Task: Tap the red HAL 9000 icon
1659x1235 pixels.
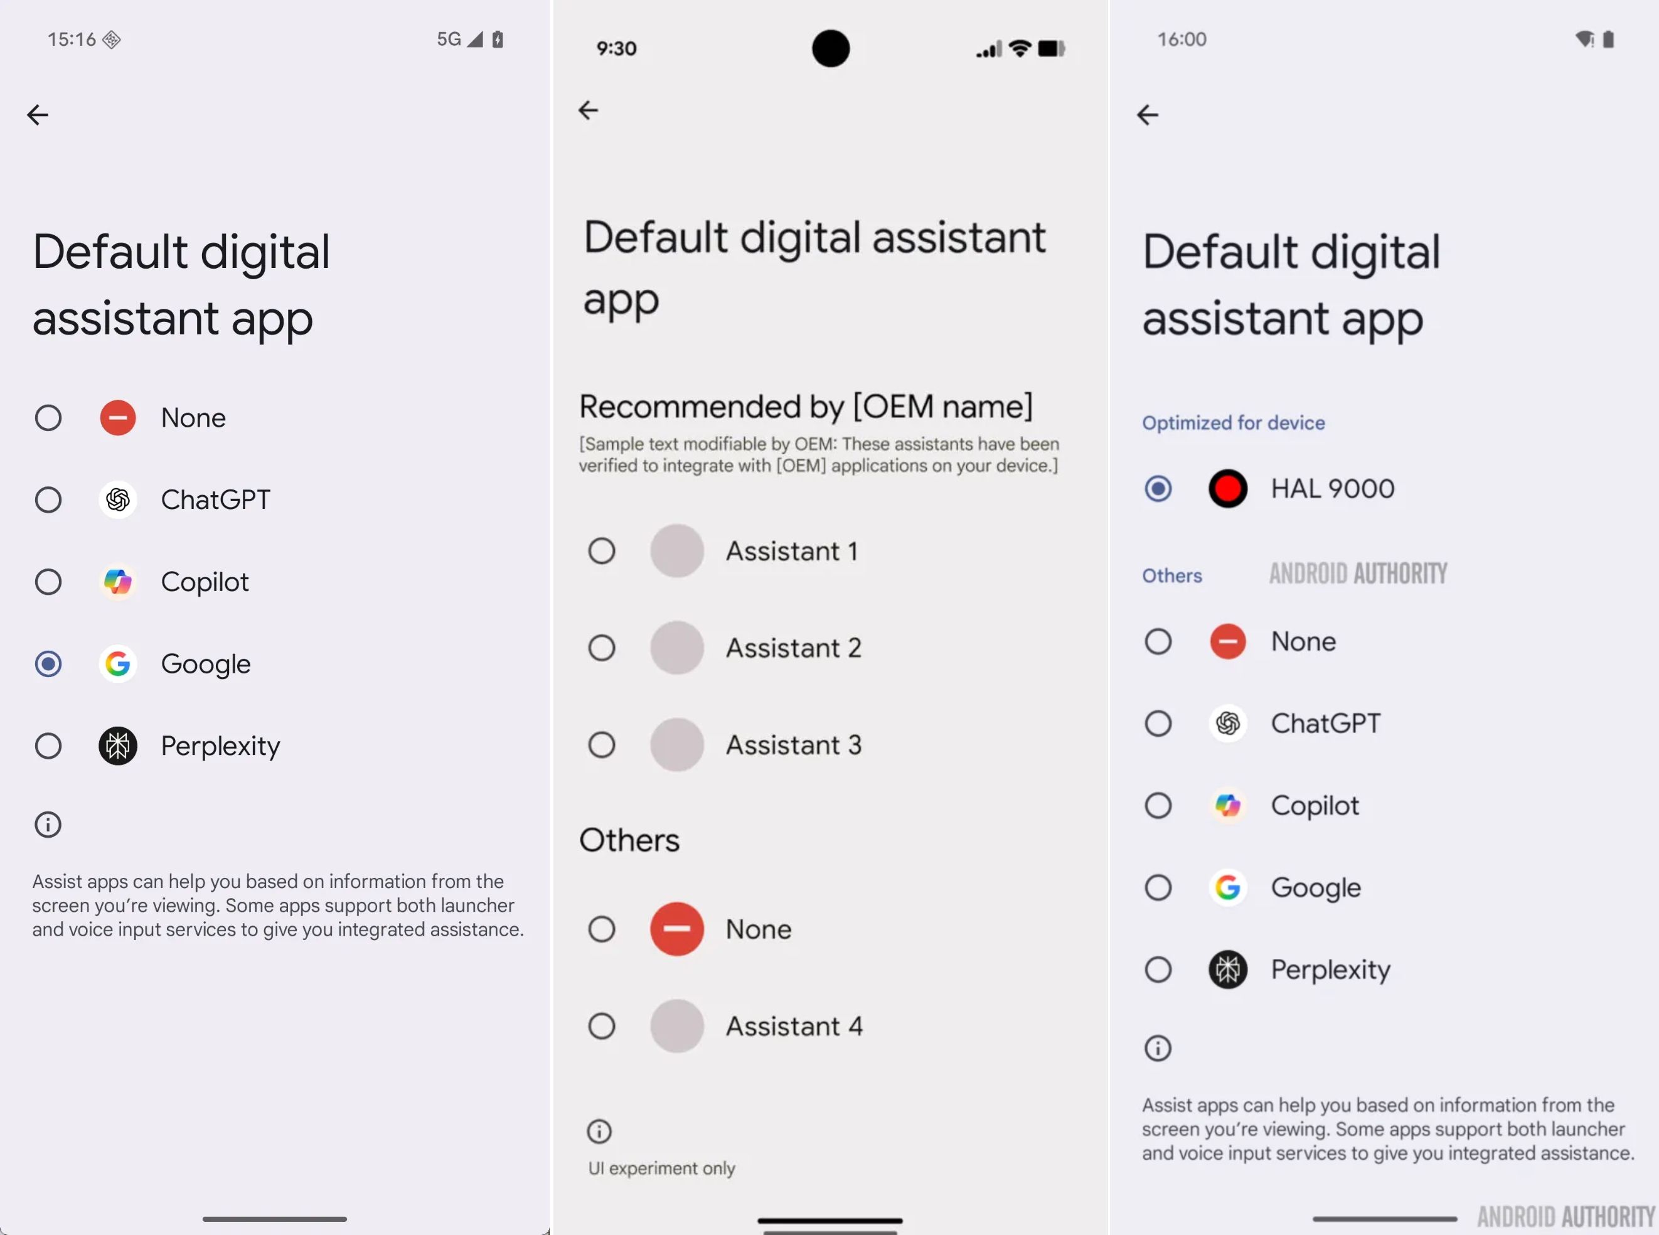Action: [1227, 489]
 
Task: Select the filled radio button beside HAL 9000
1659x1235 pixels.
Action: [1158, 489]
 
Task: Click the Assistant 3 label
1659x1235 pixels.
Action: [793, 745]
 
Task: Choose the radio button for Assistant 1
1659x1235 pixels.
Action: [601, 551]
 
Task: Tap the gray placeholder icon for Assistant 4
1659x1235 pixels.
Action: [676, 1025]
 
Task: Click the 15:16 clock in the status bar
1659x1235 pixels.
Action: [71, 39]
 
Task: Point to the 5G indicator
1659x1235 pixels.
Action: [449, 39]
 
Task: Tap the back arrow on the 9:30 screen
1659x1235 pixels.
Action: [588, 110]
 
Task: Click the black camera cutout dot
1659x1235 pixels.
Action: [830, 48]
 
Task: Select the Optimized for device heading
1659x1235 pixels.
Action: [1233, 423]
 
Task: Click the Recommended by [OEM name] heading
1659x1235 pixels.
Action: [806, 407]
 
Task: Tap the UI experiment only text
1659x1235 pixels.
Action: [661, 1168]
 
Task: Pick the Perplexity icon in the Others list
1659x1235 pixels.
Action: [1227, 970]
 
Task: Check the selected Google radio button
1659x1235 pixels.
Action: [48, 664]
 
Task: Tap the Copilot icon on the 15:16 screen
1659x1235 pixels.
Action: [117, 582]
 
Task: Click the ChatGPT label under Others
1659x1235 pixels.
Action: [1325, 724]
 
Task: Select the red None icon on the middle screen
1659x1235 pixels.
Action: [676, 929]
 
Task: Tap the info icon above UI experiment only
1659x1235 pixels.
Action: [599, 1131]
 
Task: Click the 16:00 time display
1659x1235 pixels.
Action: [1182, 39]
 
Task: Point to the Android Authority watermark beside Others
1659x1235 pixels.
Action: [1357, 574]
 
